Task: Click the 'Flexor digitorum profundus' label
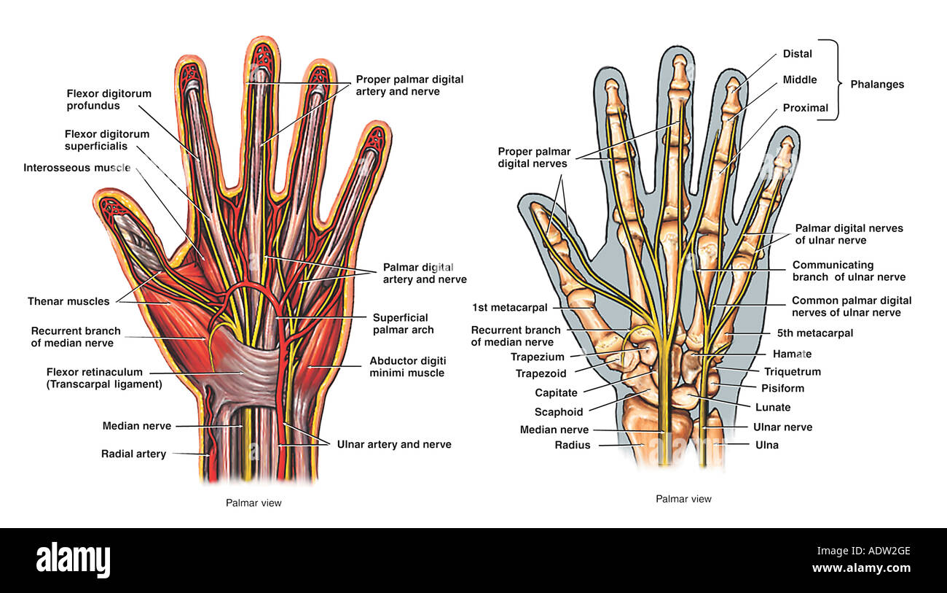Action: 109,99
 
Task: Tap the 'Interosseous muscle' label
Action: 77,168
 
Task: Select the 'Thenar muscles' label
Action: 68,301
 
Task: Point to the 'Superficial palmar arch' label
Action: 403,324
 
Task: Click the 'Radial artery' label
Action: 133,454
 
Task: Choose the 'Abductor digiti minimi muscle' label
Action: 407,367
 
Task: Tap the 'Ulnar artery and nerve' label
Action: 394,444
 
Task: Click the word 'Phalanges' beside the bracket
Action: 877,84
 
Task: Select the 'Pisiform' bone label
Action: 782,388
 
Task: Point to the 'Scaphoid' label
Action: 559,412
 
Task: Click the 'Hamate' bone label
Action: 792,354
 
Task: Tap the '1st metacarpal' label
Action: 509,308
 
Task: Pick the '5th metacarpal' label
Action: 814,333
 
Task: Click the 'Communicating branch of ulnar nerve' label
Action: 849,271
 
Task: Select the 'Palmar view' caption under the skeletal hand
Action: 683,499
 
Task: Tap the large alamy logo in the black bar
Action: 73,559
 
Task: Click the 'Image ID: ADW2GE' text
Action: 863,551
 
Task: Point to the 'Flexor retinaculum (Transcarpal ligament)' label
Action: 104,378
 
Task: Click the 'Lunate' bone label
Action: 773,407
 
